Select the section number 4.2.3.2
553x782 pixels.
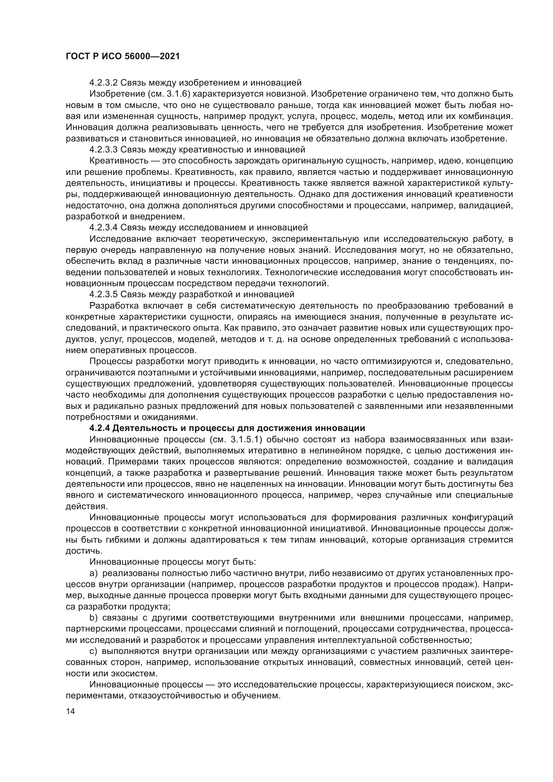104,83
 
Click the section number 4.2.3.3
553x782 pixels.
104,149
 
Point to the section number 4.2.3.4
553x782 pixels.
104,227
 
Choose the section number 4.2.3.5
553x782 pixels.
104,294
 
